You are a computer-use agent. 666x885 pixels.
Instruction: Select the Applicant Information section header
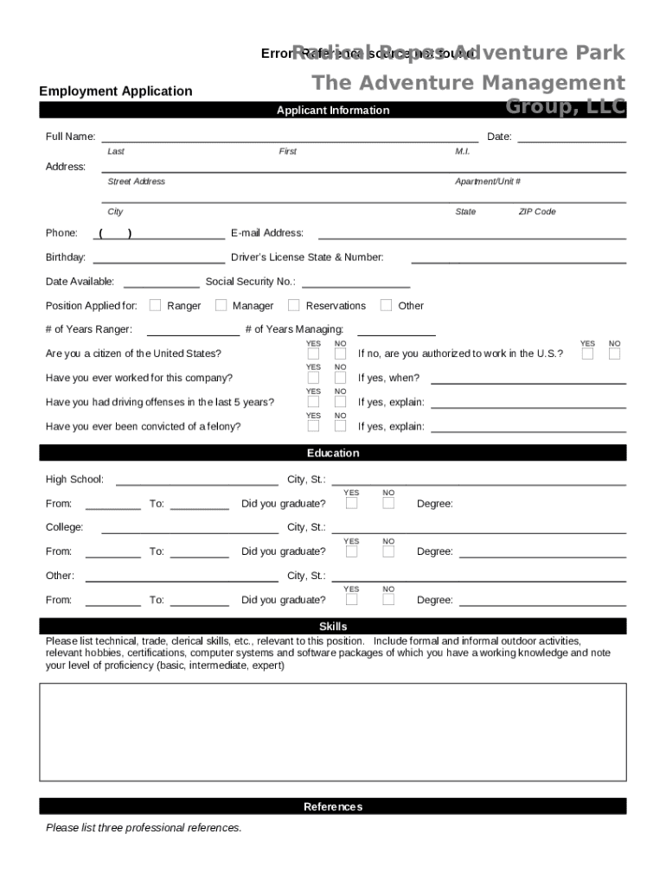[x=332, y=110]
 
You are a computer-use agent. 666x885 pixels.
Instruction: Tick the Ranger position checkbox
[x=155, y=304]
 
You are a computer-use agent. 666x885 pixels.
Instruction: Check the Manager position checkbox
[x=221, y=304]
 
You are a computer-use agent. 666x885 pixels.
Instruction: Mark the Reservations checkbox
[x=293, y=304]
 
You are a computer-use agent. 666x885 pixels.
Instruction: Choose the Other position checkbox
[x=386, y=304]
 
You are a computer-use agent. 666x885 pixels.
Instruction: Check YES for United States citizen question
[x=313, y=353]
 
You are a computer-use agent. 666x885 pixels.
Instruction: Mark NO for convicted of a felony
[x=340, y=425]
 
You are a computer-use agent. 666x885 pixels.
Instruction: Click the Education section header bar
[x=332, y=453]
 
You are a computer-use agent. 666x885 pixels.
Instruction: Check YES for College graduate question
[x=351, y=551]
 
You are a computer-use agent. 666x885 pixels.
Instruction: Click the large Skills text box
[x=332, y=731]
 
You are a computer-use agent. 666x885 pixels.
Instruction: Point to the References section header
[x=332, y=806]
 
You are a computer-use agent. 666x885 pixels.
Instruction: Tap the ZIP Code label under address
[x=536, y=212]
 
